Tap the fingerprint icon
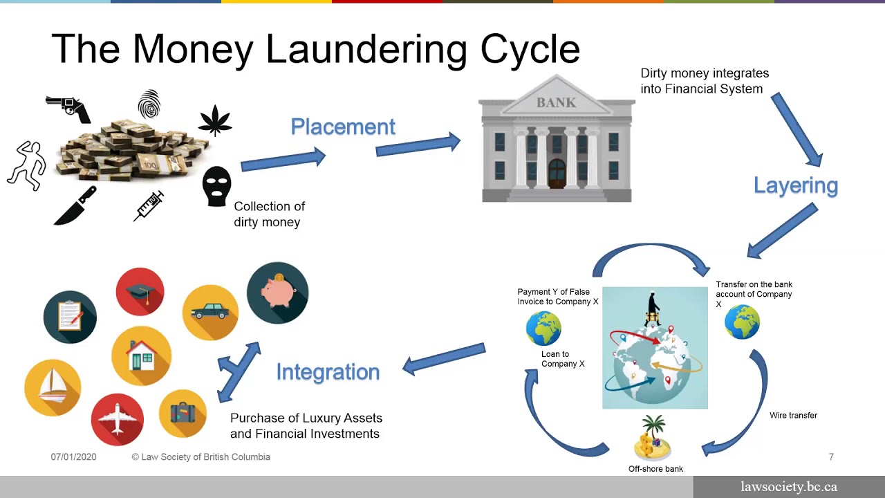coord(149,105)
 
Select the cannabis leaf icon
coord(215,120)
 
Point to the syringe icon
coord(149,206)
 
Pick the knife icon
coord(75,206)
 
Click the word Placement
coord(343,127)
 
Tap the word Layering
coord(795,185)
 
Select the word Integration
coord(328,371)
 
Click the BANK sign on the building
coord(556,102)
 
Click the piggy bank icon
coord(277,293)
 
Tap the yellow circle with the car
coord(210,313)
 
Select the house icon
coord(141,356)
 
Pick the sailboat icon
coord(53,387)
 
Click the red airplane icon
coord(118,419)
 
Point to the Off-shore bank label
coord(655,469)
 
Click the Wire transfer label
coord(793,415)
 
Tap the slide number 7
coord(831,456)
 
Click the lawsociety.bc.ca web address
coord(788,487)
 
